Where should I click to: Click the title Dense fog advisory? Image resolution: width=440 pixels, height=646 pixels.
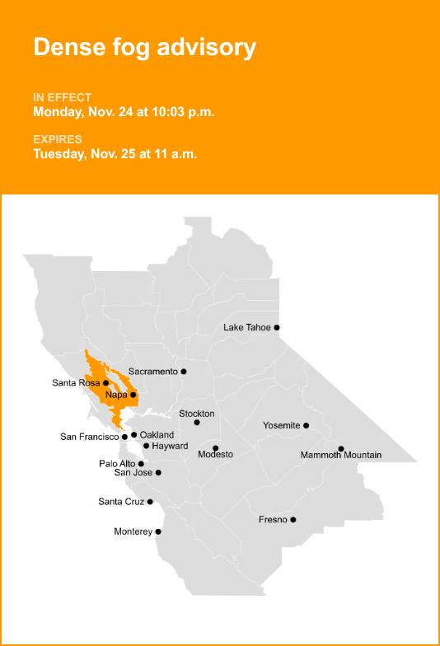coord(144,48)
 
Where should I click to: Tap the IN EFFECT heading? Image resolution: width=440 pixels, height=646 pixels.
coord(63,97)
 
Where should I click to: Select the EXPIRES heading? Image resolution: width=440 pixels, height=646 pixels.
coord(58,139)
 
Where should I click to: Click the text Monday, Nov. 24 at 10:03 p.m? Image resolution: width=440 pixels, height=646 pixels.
coord(124,112)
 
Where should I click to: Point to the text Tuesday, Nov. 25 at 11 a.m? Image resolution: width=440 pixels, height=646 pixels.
coord(115,154)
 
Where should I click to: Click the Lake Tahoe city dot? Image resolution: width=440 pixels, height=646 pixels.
coord(277,327)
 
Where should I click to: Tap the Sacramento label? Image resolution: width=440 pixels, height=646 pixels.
coord(152,372)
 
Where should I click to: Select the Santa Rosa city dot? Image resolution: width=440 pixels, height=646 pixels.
coord(106,382)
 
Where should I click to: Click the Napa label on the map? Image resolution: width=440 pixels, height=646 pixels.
coord(116,395)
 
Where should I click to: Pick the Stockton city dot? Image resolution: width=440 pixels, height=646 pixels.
coord(197,423)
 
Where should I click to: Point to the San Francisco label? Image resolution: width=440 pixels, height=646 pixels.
coord(90,437)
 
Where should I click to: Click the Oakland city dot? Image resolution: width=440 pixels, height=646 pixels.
coord(133,434)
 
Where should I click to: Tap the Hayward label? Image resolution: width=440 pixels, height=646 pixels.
coord(171,446)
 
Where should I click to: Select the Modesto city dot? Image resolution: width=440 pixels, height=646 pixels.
coord(216,447)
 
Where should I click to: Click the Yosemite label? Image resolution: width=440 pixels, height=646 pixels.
coord(281,425)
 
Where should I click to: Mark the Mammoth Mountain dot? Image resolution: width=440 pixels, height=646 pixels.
coord(341,448)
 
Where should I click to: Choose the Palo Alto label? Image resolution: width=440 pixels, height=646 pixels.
coord(117,464)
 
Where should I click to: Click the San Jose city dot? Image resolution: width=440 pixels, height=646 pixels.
coord(158,472)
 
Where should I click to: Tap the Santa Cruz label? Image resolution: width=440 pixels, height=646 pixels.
coord(121,502)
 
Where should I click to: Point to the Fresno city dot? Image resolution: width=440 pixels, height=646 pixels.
coord(293,519)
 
